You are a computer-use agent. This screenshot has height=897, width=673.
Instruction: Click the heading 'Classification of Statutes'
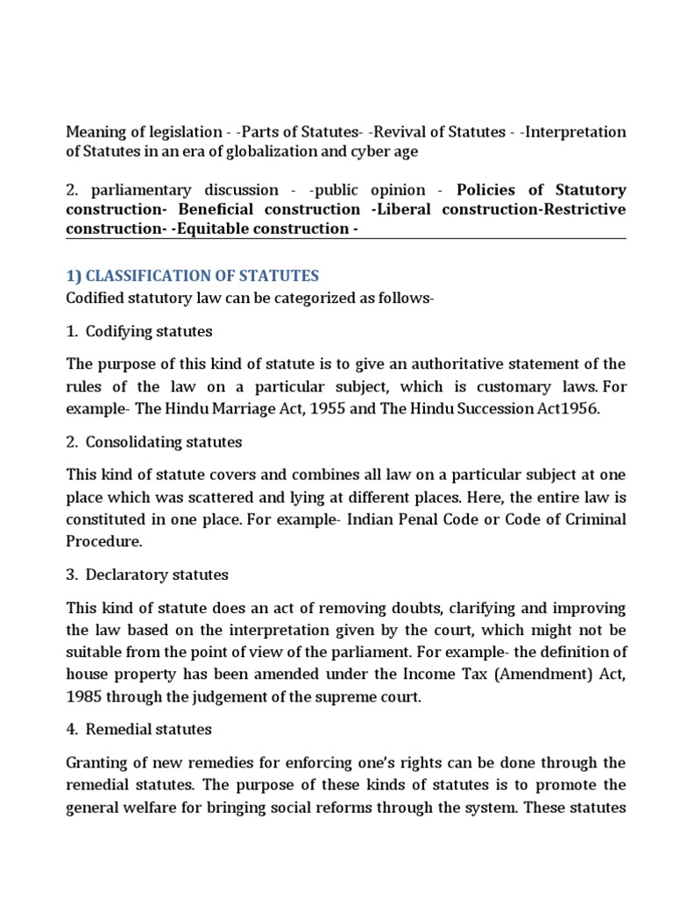193,275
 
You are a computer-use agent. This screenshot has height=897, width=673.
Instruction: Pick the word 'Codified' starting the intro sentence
94,299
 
